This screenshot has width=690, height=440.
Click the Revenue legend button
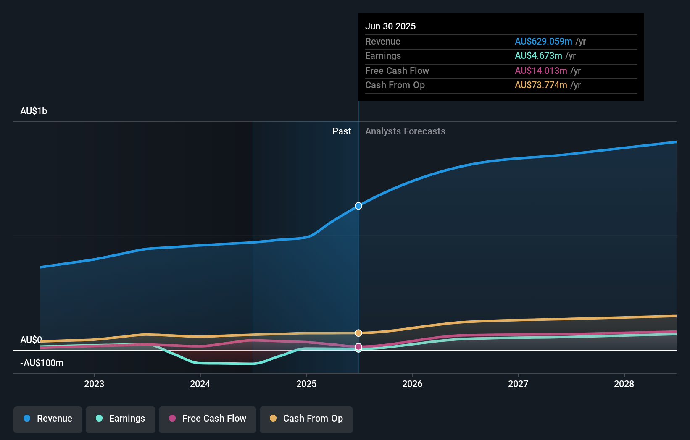48,419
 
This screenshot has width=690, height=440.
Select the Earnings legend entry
121,419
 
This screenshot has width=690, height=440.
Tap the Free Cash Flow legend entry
208,419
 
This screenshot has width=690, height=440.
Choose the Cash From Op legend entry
306,419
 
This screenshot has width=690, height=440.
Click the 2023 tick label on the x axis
94,384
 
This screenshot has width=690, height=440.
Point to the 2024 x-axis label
200,384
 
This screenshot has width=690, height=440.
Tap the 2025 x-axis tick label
306,384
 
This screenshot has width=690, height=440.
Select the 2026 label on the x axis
412,384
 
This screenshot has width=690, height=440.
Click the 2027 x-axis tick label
518,384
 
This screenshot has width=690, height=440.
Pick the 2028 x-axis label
624,384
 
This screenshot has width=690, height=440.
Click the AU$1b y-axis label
34,111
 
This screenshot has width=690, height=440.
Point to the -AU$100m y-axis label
42,363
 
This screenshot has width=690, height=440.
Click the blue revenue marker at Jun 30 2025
358,206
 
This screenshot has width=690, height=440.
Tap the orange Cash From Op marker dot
358,333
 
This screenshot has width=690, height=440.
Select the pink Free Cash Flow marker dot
358,346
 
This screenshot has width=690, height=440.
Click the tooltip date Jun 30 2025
390,26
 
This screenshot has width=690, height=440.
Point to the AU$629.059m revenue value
543,42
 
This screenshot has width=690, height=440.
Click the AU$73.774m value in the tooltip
541,85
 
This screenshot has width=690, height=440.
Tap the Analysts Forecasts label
405,131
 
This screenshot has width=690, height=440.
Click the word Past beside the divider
342,131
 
